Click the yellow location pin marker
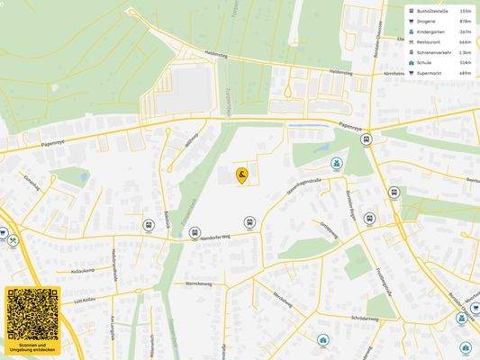tap(242, 175)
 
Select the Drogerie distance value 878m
tap(465, 22)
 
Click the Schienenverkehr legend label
tap(437, 52)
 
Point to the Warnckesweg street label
tap(198, 283)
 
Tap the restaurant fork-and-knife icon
tap(14, 240)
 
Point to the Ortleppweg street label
tap(329, 230)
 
